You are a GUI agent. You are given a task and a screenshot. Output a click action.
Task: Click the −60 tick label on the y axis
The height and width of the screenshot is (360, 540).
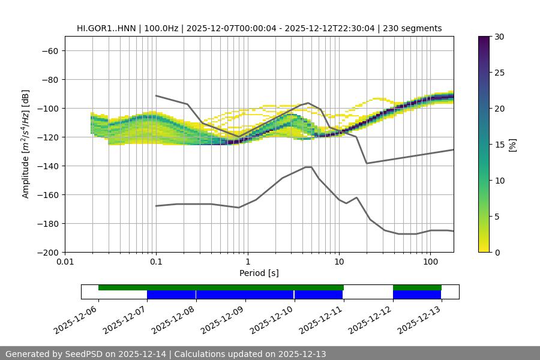(x=49, y=51)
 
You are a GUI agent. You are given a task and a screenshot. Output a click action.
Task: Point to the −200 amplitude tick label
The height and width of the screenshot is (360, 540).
(x=47, y=253)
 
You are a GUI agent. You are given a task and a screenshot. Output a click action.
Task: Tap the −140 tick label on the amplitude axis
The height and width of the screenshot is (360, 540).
(x=47, y=166)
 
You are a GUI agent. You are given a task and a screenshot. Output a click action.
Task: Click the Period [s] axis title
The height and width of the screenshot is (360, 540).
(x=259, y=274)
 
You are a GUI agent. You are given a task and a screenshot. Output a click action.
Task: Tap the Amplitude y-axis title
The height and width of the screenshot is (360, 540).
(x=26, y=144)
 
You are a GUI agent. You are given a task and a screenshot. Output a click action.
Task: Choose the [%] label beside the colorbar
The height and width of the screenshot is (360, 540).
(x=512, y=145)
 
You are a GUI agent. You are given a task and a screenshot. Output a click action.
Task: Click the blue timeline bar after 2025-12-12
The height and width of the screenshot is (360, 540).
(x=417, y=295)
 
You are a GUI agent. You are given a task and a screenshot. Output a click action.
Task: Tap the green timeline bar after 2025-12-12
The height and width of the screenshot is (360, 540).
(x=417, y=287)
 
